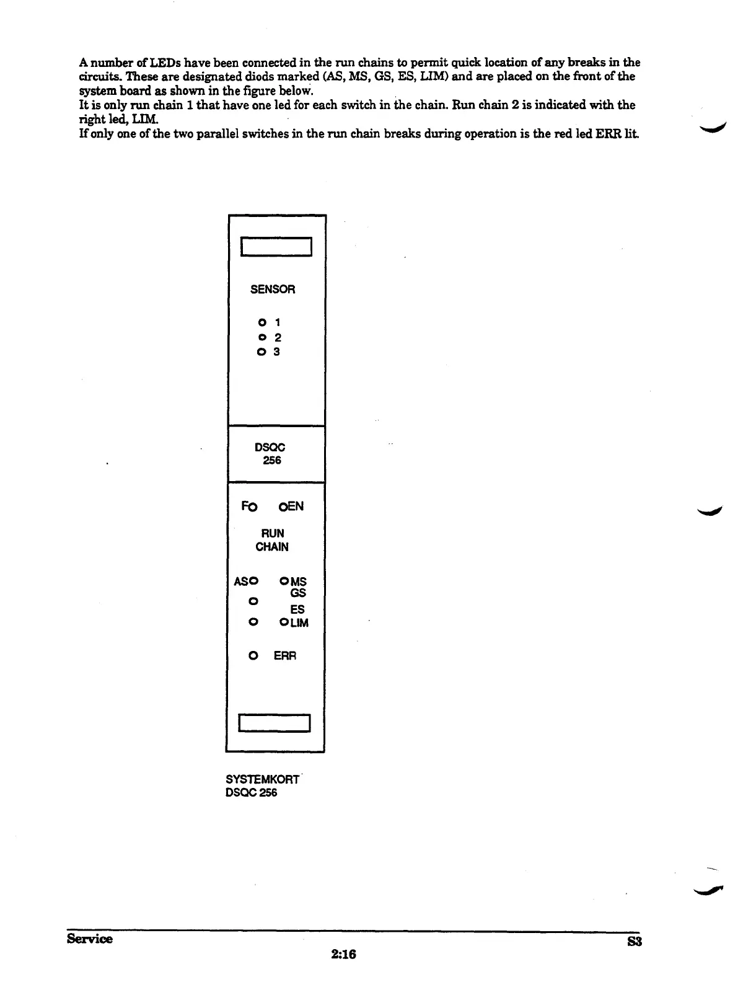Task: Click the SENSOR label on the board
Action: point(273,290)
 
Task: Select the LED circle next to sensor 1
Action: point(262,322)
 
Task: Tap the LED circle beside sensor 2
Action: point(262,337)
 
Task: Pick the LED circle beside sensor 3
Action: point(262,352)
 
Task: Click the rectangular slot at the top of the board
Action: point(276,247)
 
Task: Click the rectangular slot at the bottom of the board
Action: point(275,723)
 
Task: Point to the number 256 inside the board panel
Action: point(272,461)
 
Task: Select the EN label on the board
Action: point(295,506)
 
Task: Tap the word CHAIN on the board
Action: point(272,547)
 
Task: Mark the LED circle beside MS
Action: point(284,582)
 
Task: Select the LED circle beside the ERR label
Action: point(253,655)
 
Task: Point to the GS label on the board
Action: point(298,593)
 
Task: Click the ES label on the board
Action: point(297,609)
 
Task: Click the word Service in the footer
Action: point(90,939)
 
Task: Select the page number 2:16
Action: point(343,954)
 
